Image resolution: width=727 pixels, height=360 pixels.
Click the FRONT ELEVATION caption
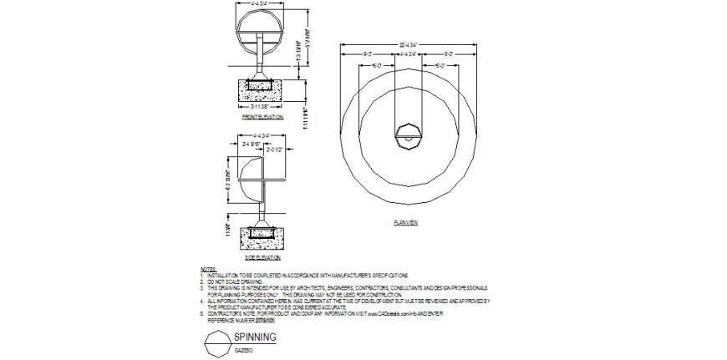(x=262, y=118)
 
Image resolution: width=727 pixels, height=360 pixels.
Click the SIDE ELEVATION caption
(x=262, y=258)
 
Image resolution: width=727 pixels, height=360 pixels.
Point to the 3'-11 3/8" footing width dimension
(x=263, y=107)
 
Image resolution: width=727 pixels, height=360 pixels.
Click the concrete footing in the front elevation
(x=263, y=86)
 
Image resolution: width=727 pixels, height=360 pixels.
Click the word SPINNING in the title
(x=255, y=337)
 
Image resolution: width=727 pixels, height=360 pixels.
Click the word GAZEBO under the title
(x=244, y=350)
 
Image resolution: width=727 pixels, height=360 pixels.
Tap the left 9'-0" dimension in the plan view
(x=367, y=54)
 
